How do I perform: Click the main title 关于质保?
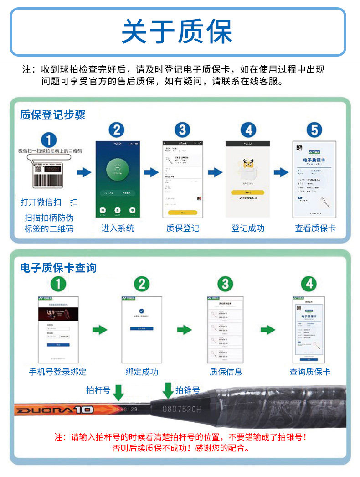tap(177, 31)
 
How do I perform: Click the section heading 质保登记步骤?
tap(52, 114)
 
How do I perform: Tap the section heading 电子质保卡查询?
tap(58, 268)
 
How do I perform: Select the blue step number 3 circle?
tap(182, 130)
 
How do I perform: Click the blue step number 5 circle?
tap(314, 130)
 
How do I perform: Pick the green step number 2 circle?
tap(142, 284)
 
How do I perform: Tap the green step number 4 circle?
tap(309, 284)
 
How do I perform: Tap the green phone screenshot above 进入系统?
tap(117, 179)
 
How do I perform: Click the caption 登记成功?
tap(247, 228)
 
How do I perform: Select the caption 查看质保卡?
tap(315, 228)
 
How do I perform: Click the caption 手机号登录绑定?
tap(57, 372)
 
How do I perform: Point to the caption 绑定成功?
tap(142, 372)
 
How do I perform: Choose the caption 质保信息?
tap(226, 372)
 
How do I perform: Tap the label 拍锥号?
tap(188, 390)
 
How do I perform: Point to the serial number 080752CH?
tap(181, 409)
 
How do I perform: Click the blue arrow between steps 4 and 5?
tap(281, 172)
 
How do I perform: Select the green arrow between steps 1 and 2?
tap(100, 330)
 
